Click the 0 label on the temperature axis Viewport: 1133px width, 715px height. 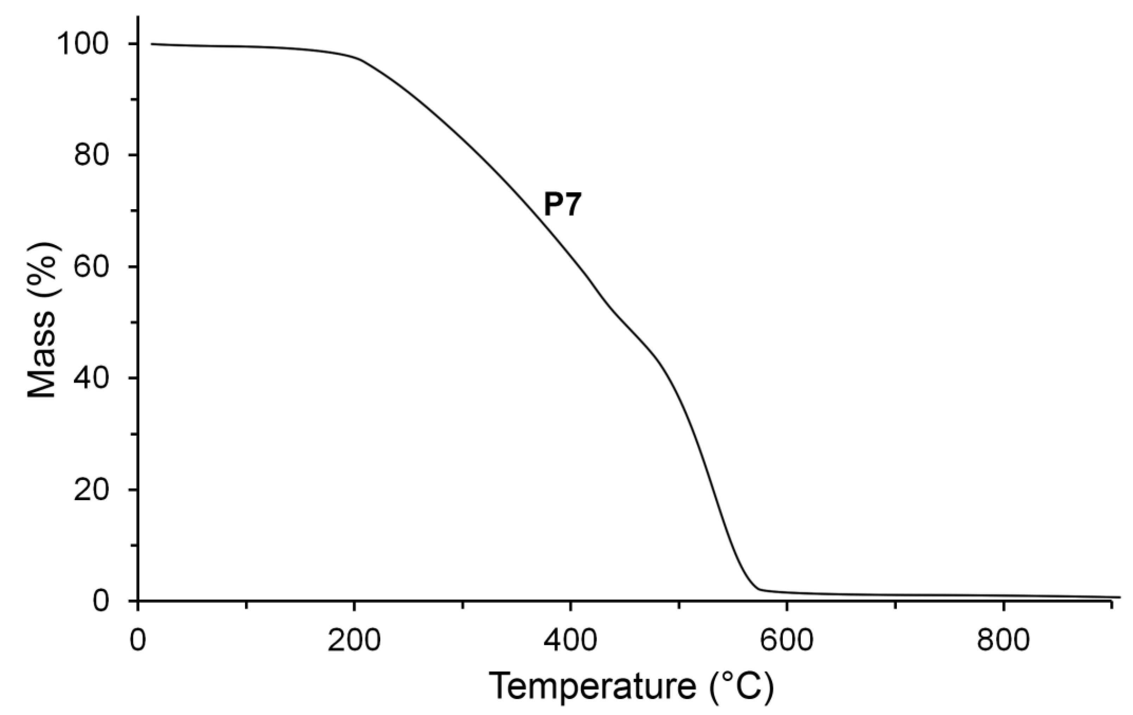(x=138, y=641)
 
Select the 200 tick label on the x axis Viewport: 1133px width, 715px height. (x=354, y=641)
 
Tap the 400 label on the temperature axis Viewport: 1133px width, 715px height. (x=570, y=641)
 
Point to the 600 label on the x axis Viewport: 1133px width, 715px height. (x=787, y=641)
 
